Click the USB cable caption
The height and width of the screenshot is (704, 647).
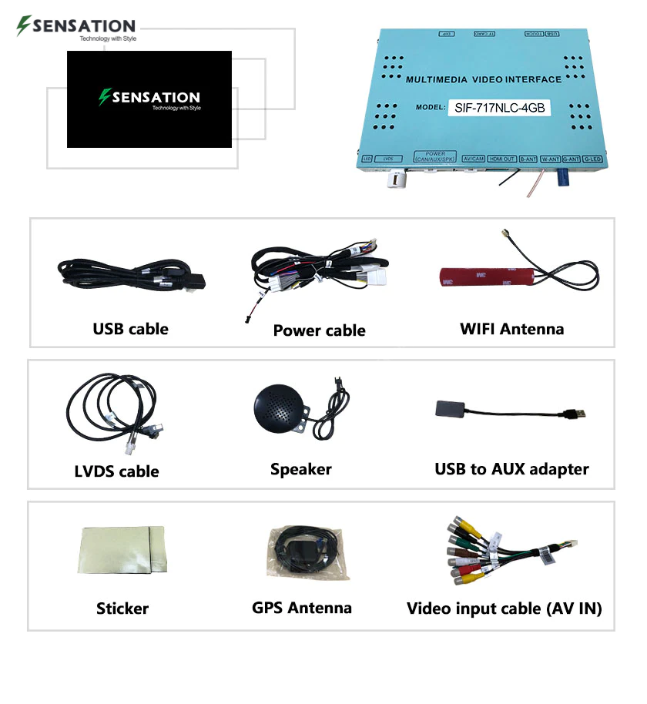[130, 329]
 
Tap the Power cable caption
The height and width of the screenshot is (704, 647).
[319, 330]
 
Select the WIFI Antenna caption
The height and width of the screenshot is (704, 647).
[511, 329]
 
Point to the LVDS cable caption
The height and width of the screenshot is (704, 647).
[117, 471]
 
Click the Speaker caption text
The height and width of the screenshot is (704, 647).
[300, 469]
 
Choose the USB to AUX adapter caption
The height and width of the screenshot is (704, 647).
[511, 469]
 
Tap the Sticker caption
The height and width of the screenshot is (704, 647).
[122, 608]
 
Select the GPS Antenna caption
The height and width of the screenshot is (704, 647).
[301, 608]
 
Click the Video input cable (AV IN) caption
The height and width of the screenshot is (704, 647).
[505, 608]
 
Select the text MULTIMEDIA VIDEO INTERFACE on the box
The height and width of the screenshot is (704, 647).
[483, 79]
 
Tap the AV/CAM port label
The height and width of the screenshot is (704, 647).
[473, 158]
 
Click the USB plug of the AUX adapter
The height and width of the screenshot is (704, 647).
[577, 414]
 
